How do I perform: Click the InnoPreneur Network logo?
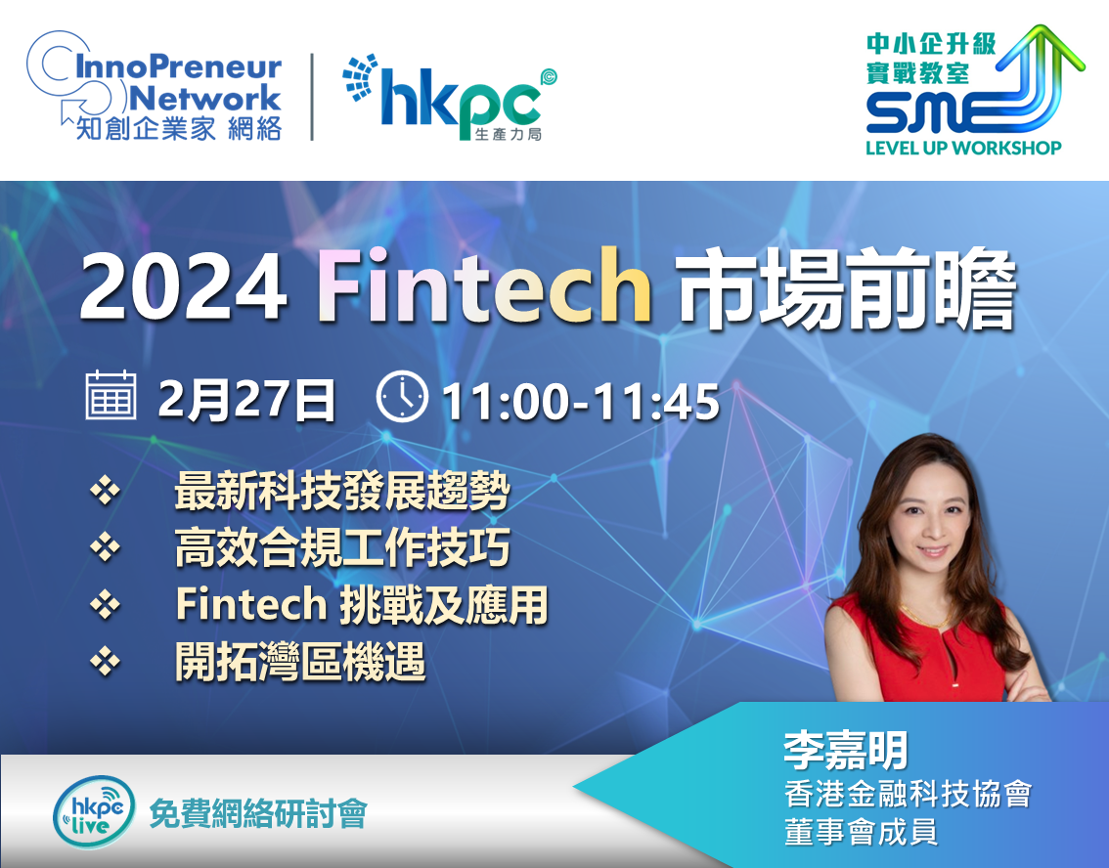(155, 86)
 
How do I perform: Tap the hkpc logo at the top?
(450, 97)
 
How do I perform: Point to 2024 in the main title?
(184, 287)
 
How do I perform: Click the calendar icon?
(111, 395)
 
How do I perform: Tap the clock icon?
(403, 397)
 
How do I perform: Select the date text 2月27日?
(246, 400)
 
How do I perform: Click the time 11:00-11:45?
(581, 402)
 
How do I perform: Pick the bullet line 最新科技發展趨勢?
(342, 491)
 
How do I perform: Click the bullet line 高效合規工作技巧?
(342, 547)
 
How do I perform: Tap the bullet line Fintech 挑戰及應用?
(362, 605)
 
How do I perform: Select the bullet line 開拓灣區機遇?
(300, 663)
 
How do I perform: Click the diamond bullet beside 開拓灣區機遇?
(105, 663)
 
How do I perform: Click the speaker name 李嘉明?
(845, 751)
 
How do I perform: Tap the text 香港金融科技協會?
(908, 795)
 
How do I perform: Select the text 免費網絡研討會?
(258, 814)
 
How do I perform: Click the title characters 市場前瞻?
(847, 287)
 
